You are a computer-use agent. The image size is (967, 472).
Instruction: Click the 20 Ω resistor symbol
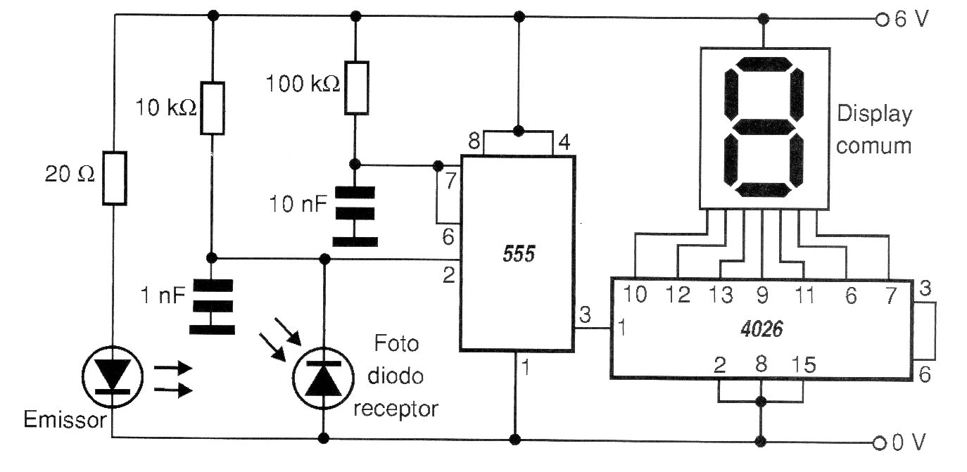114,177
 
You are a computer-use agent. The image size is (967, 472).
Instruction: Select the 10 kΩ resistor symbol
213,108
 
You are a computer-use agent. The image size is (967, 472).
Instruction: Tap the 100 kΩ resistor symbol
357,88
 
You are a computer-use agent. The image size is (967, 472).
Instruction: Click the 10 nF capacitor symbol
355,215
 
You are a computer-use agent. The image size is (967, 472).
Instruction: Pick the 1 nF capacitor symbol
212,307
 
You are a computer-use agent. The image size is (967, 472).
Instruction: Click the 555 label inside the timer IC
519,255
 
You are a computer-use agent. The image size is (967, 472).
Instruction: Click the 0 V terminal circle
880,443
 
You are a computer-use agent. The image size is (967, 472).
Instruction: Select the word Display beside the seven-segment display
875,115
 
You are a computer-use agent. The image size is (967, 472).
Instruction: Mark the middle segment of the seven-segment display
764,127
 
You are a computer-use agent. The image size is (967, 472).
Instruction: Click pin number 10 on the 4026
635,295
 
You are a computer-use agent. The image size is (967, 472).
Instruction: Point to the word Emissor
65,421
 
